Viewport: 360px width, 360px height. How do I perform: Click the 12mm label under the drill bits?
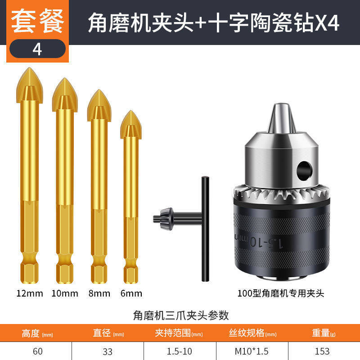point(30,293)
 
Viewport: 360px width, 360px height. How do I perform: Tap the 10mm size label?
point(65,293)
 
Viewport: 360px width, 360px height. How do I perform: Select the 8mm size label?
point(99,293)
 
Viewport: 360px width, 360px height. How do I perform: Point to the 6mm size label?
point(131,293)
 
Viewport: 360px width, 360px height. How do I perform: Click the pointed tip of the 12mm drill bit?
point(29,68)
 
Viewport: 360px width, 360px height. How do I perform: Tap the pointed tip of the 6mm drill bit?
point(131,111)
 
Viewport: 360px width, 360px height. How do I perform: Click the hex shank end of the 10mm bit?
point(65,274)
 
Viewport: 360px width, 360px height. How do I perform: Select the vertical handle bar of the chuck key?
point(205,229)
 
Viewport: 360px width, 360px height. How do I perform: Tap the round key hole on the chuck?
point(305,171)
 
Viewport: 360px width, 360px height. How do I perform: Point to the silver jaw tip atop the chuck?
point(282,118)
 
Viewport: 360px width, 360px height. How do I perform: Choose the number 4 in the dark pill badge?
point(37,49)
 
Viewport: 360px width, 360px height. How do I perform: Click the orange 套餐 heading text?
point(37,21)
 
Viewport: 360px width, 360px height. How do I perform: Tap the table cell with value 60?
point(38,351)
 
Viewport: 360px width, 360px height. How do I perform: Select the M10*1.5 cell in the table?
point(252,351)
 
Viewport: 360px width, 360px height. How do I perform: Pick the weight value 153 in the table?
point(322,351)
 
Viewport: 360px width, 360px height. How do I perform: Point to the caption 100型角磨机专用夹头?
point(280,293)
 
